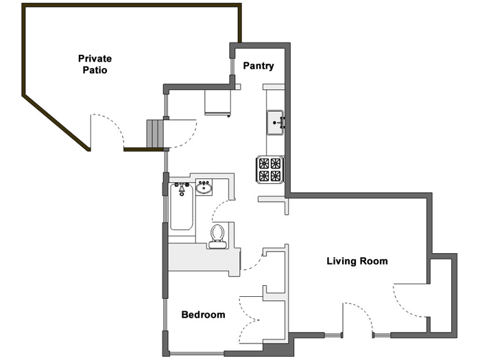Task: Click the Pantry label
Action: (x=259, y=67)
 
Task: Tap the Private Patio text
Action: (x=95, y=64)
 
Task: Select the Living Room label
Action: (x=357, y=261)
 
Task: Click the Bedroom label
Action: (x=203, y=315)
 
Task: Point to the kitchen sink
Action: (x=275, y=122)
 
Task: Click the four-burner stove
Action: (x=269, y=169)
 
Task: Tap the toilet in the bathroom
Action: (x=218, y=235)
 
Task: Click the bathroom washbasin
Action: (x=204, y=187)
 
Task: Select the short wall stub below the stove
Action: (x=274, y=200)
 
